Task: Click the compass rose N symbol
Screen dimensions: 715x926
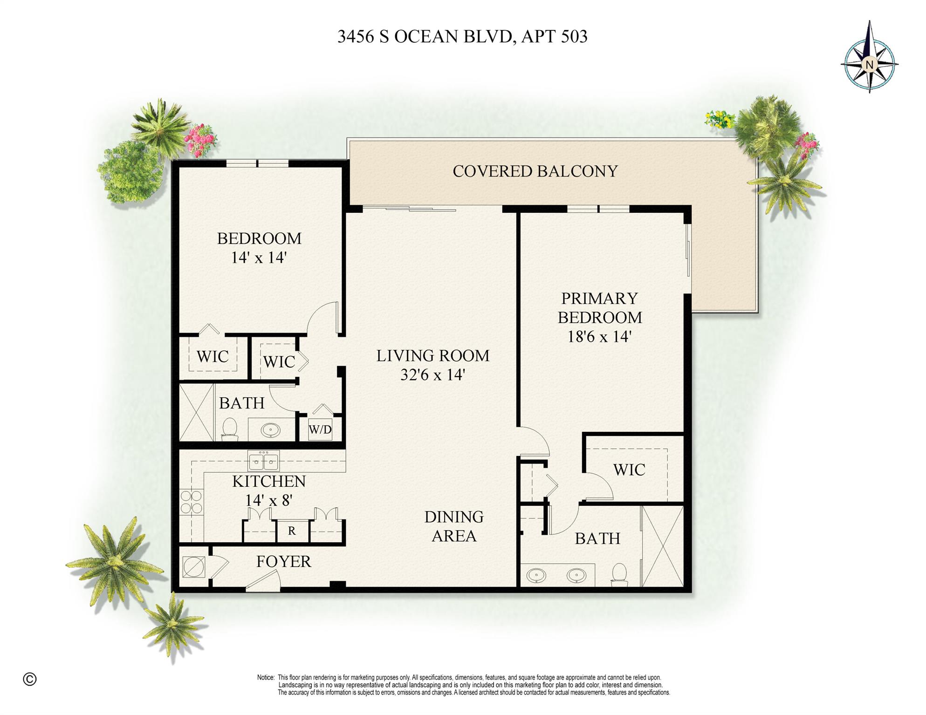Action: click(x=869, y=65)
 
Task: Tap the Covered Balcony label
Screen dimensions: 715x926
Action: click(x=535, y=171)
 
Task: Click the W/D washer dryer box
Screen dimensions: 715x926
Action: click(x=320, y=429)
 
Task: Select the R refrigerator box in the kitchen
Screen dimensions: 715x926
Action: click(x=292, y=531)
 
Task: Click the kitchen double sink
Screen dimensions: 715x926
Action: click(x=264, y=461)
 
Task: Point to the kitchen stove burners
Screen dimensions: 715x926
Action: click(x=191, y=502)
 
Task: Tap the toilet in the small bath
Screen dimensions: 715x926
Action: click(x=229, y=429)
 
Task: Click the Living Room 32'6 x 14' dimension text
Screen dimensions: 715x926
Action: click(x=432, y=375)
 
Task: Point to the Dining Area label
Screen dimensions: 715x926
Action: click(x=453, y=526)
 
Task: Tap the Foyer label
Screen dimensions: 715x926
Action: click(x=283, y=562)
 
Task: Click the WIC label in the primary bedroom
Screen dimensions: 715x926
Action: click(x=629, y=470)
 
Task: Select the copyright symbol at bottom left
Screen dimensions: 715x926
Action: click(x=29, y=679)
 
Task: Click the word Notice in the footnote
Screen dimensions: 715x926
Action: click(x=266, y=677)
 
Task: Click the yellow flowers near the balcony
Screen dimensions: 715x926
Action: click(x=720, y=119)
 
